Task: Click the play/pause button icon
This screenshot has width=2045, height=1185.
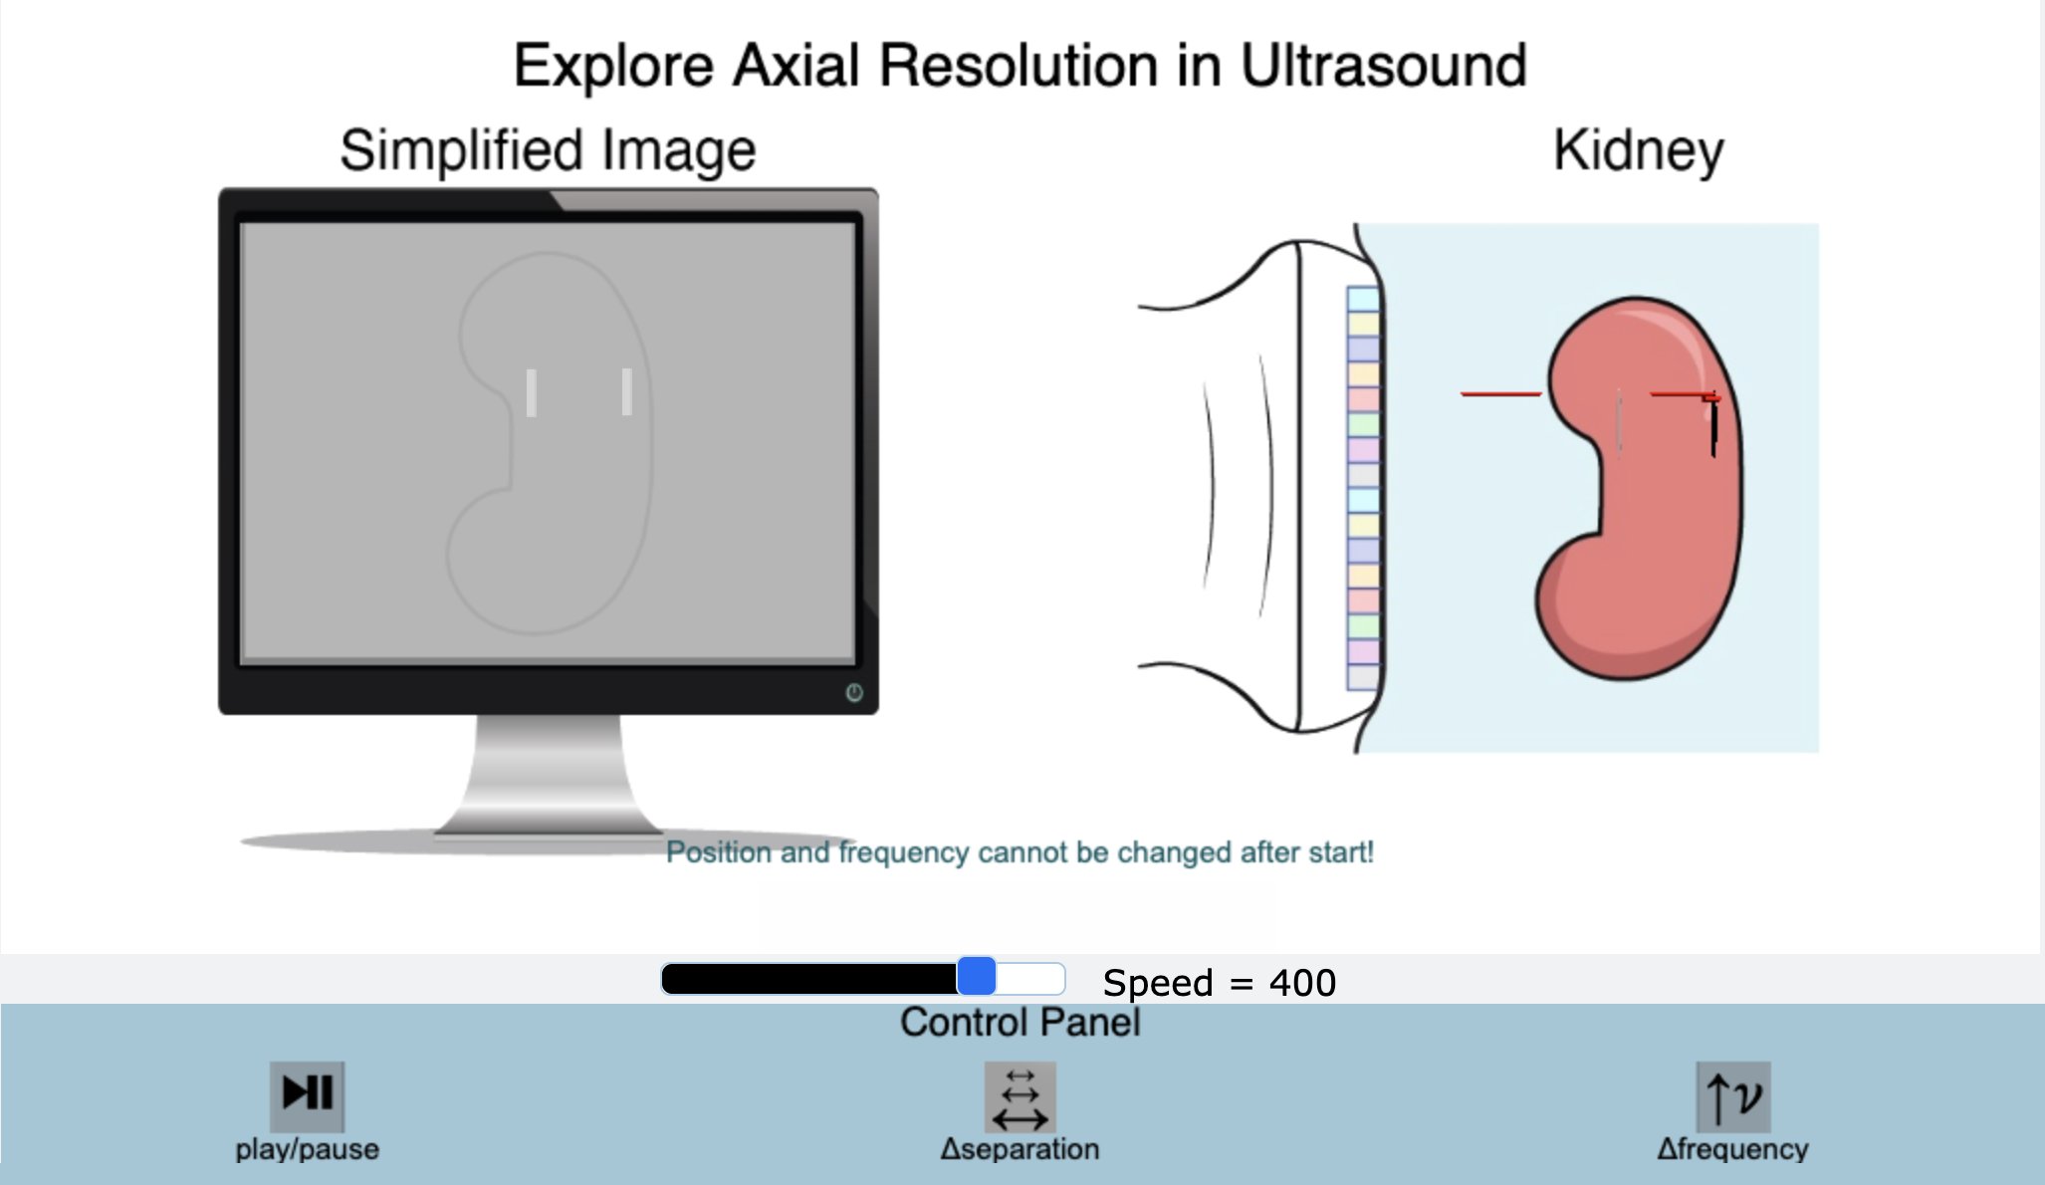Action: (x=307, y=1094)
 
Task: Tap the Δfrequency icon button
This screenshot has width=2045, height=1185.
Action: (x=1732, y=1095)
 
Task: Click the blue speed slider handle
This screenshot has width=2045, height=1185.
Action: (x=977, y=977)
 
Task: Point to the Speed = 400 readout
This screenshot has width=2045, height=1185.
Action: (x=1219, y=983)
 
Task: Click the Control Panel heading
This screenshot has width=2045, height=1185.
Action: (x=1021, y=1023)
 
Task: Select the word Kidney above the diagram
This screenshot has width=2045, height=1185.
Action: (x=1638, y=151)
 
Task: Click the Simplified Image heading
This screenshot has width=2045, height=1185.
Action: (x=548, y=150)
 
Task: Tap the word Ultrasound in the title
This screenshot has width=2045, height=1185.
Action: (x=1383, y=66)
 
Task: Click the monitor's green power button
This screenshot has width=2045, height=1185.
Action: (x=854, y=693)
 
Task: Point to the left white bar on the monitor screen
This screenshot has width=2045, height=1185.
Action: (x=532, y=392)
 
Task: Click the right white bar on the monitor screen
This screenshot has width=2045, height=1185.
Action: (x=626, y=391)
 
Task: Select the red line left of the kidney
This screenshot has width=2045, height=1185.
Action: (x=1500, y=394)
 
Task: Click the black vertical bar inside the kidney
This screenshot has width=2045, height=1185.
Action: (x=1713, y=427)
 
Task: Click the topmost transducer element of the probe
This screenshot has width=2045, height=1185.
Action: (x=1363, y=299)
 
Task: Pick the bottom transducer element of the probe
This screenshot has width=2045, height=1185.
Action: (x=1363, y=677)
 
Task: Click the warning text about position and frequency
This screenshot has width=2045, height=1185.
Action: (x=1020, y=852)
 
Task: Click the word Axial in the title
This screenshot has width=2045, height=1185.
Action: (x=795, y=66)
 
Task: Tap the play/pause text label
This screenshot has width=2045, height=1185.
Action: (x=307, y=1149)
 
